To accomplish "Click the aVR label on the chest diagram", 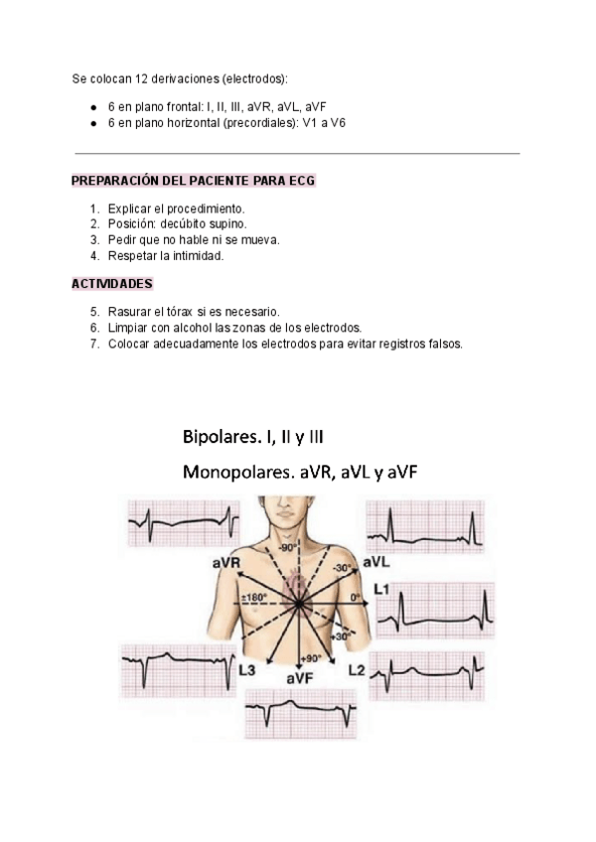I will [x=228, y=563].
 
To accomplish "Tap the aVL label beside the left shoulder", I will [x=375, y=562].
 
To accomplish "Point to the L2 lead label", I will [x=357, y=670].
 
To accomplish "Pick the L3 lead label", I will [x=250, y=670].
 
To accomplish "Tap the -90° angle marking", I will [x=288, y=548].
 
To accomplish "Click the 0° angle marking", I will [x=356, y=598].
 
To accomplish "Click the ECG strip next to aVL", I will [x=426, y=524].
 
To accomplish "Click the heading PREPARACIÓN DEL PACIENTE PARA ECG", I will [x=195, y=181].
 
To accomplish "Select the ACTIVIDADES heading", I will [x=111, y=283].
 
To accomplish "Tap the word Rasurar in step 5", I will [x=131, y=311].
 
